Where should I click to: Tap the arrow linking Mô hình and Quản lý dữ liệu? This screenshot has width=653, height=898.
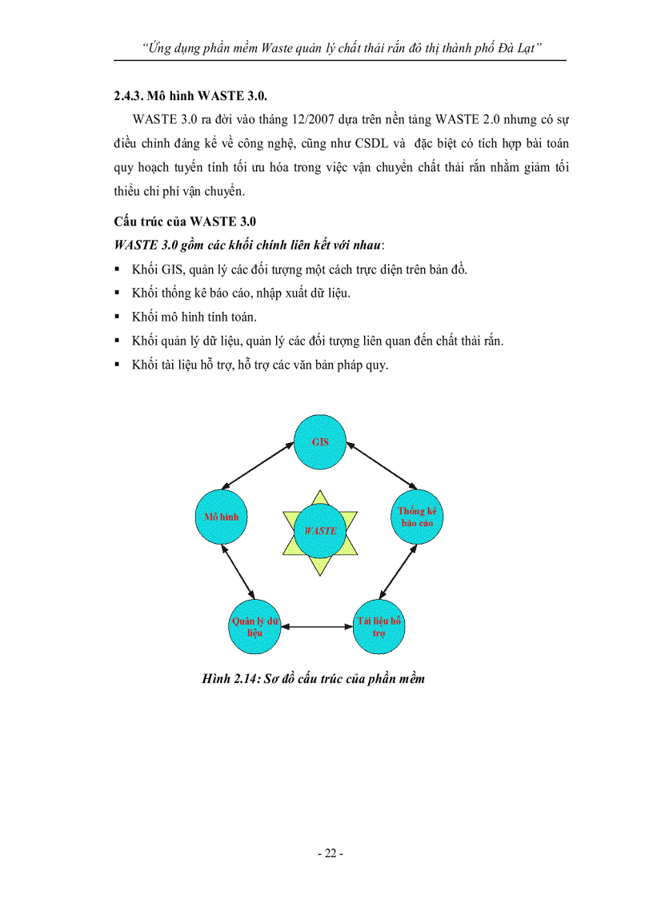pos(238,570)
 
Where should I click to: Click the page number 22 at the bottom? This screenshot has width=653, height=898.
pos(330,853)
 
